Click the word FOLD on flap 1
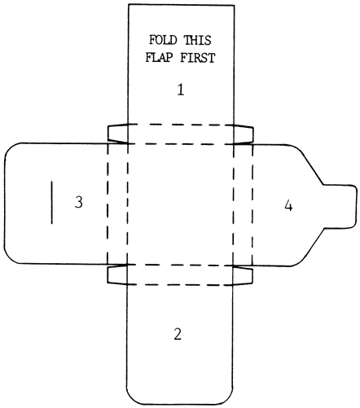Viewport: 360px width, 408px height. [x=163, y=40]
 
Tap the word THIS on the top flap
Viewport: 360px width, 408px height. [x=198, y=40]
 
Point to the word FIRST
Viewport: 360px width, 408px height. [x=198, y=58]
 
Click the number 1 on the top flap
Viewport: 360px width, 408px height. [x=181, y=90]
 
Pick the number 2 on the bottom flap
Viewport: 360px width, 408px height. [x=178, y=334]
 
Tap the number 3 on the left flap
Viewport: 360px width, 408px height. [x=79, y=202]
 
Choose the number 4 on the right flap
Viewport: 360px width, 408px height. [x=288, y=206]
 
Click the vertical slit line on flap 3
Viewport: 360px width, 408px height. [x=52, y=203]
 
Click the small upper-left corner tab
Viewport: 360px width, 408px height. [x=118, y=134]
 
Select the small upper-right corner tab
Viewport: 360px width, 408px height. [x=243, y=134]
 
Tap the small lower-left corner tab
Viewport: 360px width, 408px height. [x=117, y=274]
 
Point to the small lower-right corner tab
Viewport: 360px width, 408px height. [x=243, y=275]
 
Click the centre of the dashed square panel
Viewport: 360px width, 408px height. [x=180, y=204]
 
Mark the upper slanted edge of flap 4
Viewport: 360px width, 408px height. [x=310, y=167]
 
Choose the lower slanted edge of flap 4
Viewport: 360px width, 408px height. [x=311, y=246]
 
